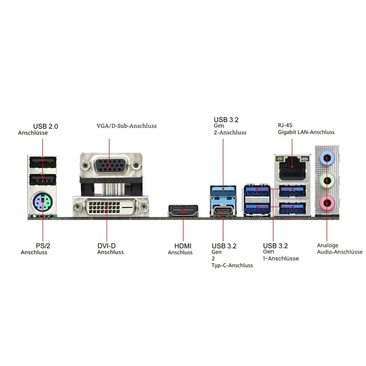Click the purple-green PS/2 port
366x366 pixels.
pos(43,202)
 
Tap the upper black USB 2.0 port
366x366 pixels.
pos(43,162)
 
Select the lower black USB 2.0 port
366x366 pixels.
pos(43,180)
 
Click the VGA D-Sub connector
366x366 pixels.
pos(109,165)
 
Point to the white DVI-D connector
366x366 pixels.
pos(110,206)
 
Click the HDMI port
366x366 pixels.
pos(183,211)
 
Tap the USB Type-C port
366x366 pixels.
pos(223,211)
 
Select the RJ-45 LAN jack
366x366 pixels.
pos(292,168)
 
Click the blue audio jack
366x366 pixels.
pos(327,158)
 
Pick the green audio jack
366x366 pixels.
pos(327,181)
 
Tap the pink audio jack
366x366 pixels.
pos(327,203)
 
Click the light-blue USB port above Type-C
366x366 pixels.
pos(223,190)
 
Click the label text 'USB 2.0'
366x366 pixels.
pos(46,126)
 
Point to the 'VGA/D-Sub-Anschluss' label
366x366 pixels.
pos(127,126)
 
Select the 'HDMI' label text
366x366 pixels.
pos(183,246)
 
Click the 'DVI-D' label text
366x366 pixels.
pos(106,245)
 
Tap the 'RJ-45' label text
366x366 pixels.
pos(285,125)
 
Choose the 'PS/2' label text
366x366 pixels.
pos(43,245)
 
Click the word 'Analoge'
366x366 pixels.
pos(328,245)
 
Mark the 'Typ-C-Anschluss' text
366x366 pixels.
pos(232,265)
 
